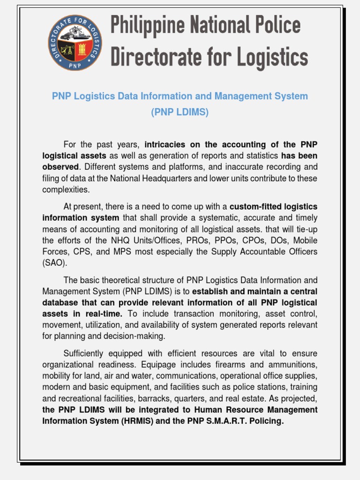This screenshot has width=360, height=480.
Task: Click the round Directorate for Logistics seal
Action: [x=75, y=43]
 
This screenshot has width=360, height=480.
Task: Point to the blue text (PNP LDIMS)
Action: [x=180, y=112]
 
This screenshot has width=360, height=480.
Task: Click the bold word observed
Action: [x=60, y=167]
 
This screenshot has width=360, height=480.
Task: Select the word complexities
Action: [x=65, y=189]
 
